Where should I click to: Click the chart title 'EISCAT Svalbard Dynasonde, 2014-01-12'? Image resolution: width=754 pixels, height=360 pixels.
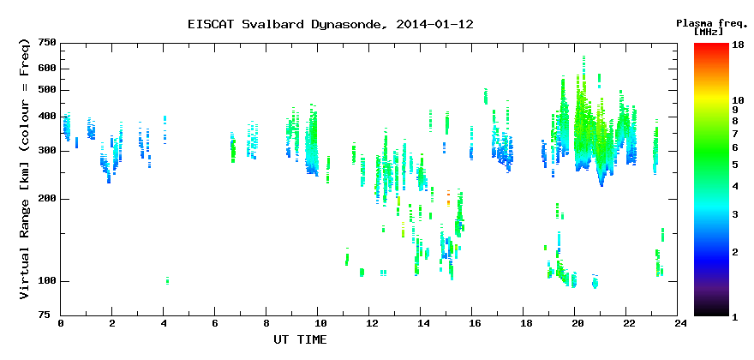331,24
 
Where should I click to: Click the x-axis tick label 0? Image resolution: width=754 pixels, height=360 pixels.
61,323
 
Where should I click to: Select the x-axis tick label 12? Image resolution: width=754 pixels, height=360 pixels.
368,323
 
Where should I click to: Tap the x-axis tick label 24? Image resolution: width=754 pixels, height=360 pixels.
678,323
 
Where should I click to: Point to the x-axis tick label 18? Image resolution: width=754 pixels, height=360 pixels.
524,323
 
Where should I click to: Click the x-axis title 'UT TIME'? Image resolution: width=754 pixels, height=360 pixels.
300,339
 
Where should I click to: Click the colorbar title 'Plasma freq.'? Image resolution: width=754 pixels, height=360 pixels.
713,23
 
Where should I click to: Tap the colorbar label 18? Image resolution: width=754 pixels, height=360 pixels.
738,44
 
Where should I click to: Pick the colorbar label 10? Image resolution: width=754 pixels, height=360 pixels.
738,100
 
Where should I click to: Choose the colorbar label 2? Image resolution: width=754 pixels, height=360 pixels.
735,252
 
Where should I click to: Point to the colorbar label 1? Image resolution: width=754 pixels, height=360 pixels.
735,317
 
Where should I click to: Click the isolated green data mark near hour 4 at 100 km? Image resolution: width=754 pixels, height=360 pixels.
167,280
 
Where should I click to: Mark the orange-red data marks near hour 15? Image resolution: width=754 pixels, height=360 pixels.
448,198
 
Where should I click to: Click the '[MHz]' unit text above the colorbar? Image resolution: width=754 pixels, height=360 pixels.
709,32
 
